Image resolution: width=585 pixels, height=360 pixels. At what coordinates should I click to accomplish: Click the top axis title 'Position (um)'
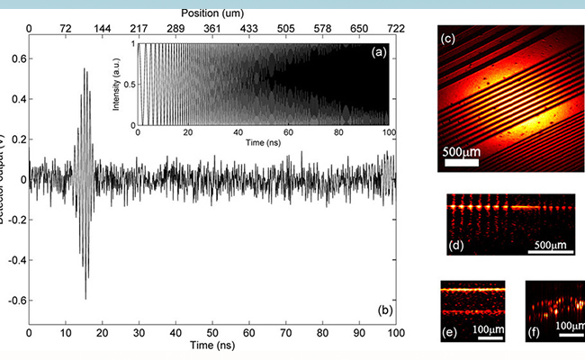click(212, 14)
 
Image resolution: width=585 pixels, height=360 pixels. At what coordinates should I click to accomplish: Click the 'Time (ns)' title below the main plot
click(212, 346)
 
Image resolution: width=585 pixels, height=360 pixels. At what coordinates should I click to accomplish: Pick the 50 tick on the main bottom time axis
click(212, 333)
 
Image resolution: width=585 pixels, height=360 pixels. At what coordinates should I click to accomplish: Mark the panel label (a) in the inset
click(380, 53)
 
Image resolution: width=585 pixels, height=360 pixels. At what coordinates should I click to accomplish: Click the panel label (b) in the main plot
click(384, 310)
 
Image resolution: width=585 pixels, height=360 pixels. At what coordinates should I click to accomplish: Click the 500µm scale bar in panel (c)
click(460, 164)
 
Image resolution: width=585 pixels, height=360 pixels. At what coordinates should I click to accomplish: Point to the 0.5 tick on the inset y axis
click(130, 84)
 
